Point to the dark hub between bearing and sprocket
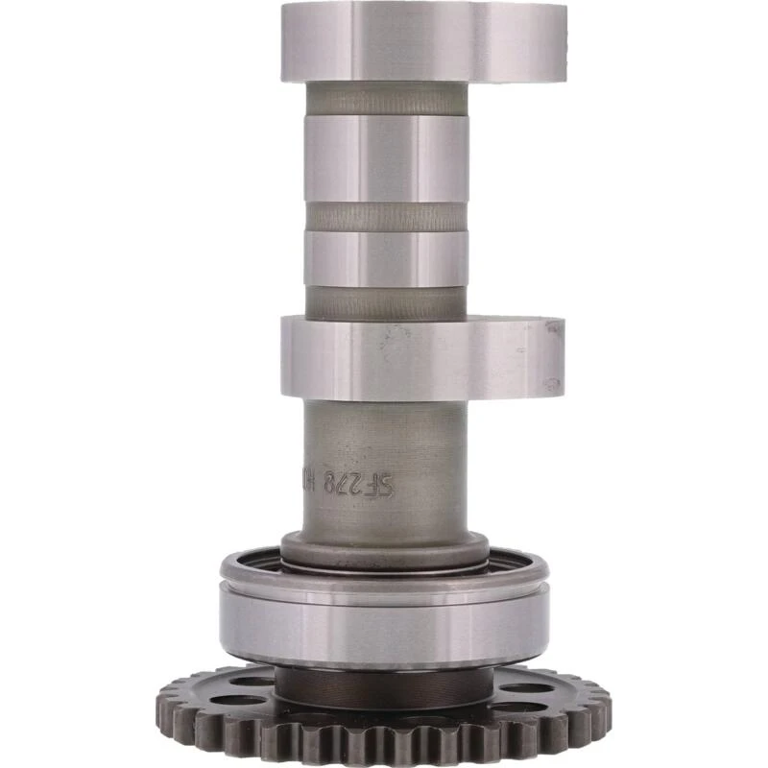[x=384, y=685]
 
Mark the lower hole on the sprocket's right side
[x=523, y=708]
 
